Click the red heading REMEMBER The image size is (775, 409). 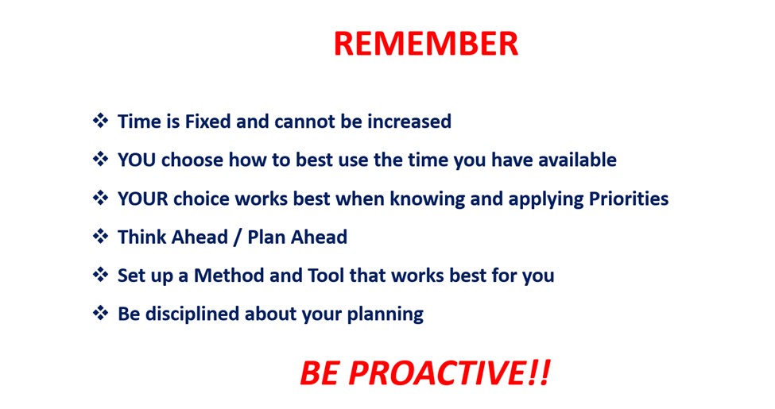[426, 44]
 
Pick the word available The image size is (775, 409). [577, 160]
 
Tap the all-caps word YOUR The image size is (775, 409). [143, 199]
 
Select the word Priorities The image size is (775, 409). [629, 199]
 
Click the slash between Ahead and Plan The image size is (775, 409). [238, 237]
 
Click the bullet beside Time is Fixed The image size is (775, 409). [100, 121]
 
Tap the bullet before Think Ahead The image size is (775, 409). [100, 236]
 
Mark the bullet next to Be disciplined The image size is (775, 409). [100, 313]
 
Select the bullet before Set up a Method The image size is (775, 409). [100, 275]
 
